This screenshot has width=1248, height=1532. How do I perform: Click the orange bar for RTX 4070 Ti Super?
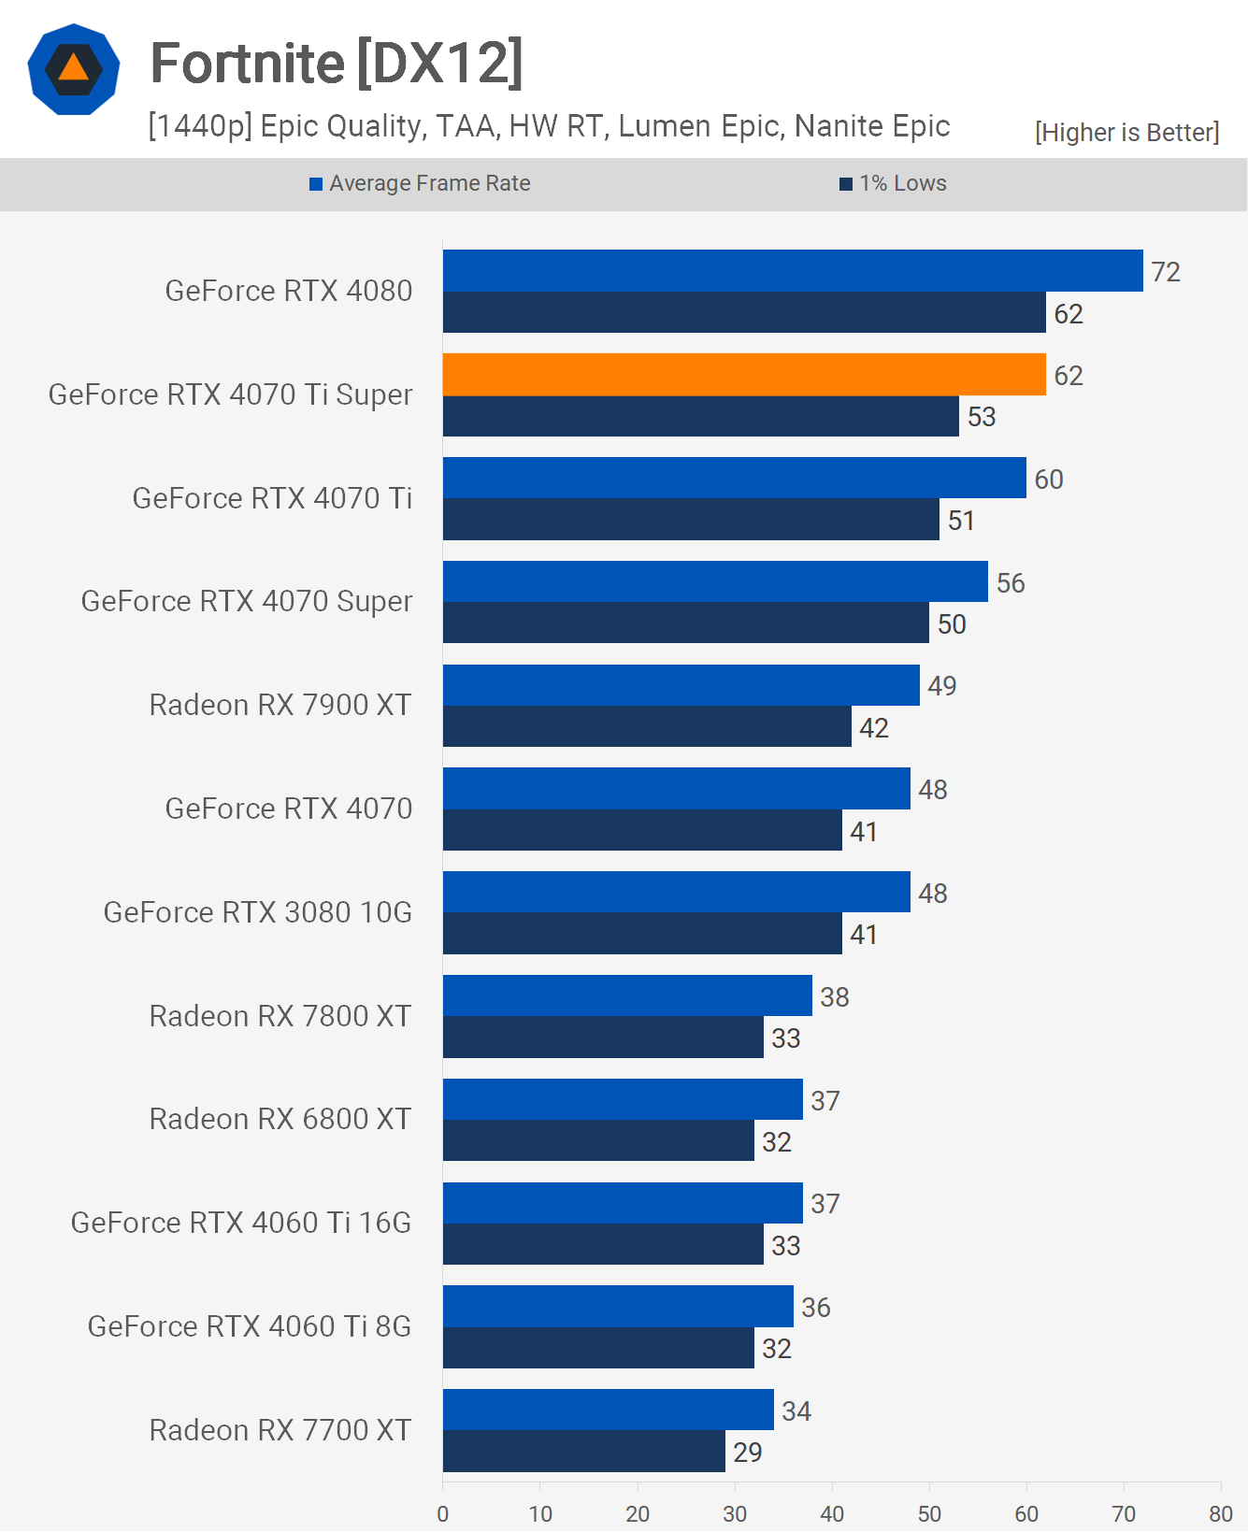click(x=744, y=374)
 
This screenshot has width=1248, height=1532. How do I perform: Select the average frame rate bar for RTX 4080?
click(x=793, y=270)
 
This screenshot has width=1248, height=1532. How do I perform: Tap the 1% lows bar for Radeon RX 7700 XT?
click(x=584, y=1452)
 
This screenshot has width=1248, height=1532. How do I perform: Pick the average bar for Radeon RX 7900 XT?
click(x=681, y=685)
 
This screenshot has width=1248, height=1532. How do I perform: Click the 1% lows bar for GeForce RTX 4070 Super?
click(x=686, y=623)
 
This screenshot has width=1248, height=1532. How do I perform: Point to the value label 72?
click(x=1166, y=272)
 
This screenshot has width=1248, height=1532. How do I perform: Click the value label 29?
click(x=747, y=1453)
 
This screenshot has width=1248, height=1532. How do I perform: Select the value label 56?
click(x=1011, y=583)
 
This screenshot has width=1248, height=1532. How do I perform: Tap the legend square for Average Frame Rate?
click(x=316, y=184)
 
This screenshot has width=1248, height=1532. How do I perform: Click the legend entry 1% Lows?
click(x=903, y=183)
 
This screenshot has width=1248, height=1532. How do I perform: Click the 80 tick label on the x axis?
click(x=1220, y=1513)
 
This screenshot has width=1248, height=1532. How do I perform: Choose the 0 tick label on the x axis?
click(x=443, y=1513)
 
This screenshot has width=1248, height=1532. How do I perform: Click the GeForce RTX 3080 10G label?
click(x=257, y=912)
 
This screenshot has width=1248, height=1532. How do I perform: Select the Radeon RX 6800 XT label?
click(x=280, y=1119)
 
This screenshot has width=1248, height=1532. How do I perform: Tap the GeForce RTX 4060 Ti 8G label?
click(x=249, y=1326)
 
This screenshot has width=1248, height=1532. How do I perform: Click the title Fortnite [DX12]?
click(x=337, y=64)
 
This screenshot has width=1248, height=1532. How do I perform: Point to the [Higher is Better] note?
click(x=1126, y=133)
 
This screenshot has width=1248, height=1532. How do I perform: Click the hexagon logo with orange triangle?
click(x=74, y=69)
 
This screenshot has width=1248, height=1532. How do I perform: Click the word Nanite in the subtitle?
click(x=838, y=126)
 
